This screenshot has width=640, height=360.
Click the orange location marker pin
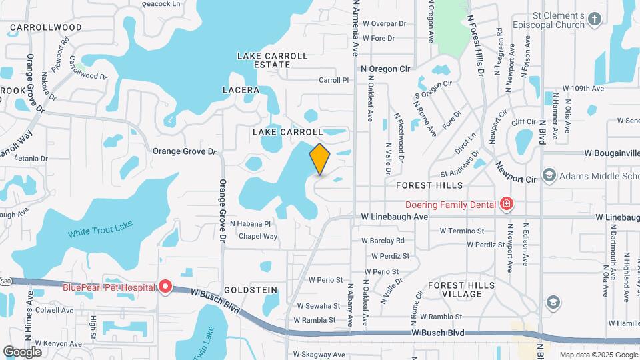click(320, 159)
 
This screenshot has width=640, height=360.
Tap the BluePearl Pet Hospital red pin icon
click(165, 287)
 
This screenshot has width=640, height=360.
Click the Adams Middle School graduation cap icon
click(549, 176)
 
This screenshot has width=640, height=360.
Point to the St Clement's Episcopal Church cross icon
click(595, 22)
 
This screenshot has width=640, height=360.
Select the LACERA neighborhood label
click(241, 89)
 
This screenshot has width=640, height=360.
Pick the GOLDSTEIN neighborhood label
click(250, 291)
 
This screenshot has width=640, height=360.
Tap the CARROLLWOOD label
click(46, 27)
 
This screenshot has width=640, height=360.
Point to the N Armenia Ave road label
click(355, 27)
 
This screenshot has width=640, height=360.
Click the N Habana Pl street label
click(250, 224)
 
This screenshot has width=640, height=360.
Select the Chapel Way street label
click(257, 237)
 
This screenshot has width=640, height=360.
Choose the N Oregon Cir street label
click(385, 69)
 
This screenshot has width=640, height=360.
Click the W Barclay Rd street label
click(383, 241)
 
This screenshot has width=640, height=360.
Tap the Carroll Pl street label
click(333, 80)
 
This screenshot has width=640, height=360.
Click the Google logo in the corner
click(22, 351)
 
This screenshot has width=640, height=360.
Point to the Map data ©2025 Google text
click(598, 355)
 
